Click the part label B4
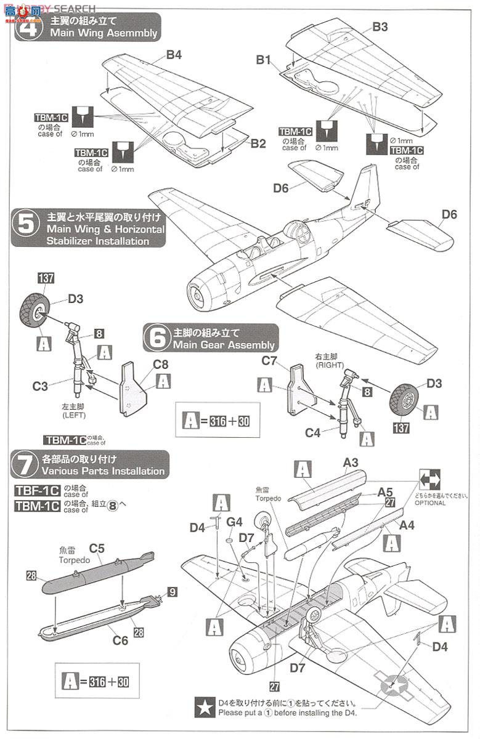tap(174, 55)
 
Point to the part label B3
tap(380, 27)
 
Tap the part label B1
tap(264, 60)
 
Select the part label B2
tap(258, 143)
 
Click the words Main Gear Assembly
tap(224, 345)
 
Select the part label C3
tap(41, 386)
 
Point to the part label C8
tap(161, 364)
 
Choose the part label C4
tap(314, 433)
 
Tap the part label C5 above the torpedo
tap(97, 547)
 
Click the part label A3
tap(351, 462)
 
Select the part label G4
tap(234, 522)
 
